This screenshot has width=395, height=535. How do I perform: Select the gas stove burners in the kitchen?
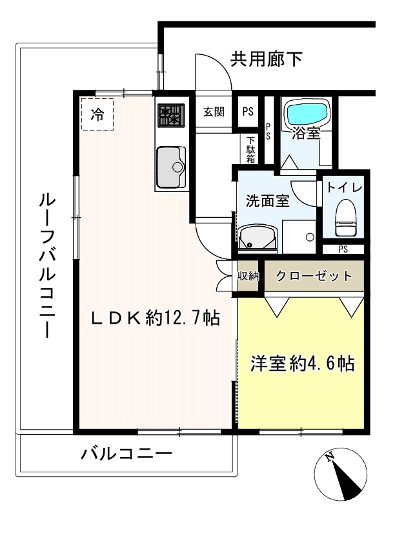click(x=171, y=115)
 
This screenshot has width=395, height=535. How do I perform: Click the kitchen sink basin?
click(x=171, y=167)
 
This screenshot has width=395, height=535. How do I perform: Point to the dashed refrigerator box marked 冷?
click(x=97, y=114)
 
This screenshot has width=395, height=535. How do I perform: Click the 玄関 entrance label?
click(x=214, y=112)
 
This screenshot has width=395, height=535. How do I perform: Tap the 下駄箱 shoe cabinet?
click(x=250, y=149)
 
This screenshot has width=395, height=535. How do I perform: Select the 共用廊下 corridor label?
click(x=266, y=59)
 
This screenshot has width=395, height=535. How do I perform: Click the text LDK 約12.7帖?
click(x=156, y=319)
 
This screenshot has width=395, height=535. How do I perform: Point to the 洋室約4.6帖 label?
click(x=303, y=364)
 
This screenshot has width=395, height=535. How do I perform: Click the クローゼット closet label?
click(x=314, y=276)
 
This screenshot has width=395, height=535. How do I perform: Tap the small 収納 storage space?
click(x=248, y=276)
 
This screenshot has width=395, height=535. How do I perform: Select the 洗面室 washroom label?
click(x=268, y=200)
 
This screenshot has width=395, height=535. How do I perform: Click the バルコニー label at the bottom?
click(x=127, y=454)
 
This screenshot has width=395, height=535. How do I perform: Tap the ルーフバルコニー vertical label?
click(x=46, y=266)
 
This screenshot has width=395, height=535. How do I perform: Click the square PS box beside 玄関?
click(x=248, y=112)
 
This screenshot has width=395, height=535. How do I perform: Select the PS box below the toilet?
click(x=343, y=249)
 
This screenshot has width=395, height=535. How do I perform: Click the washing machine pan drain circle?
click(x=310, y=236)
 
